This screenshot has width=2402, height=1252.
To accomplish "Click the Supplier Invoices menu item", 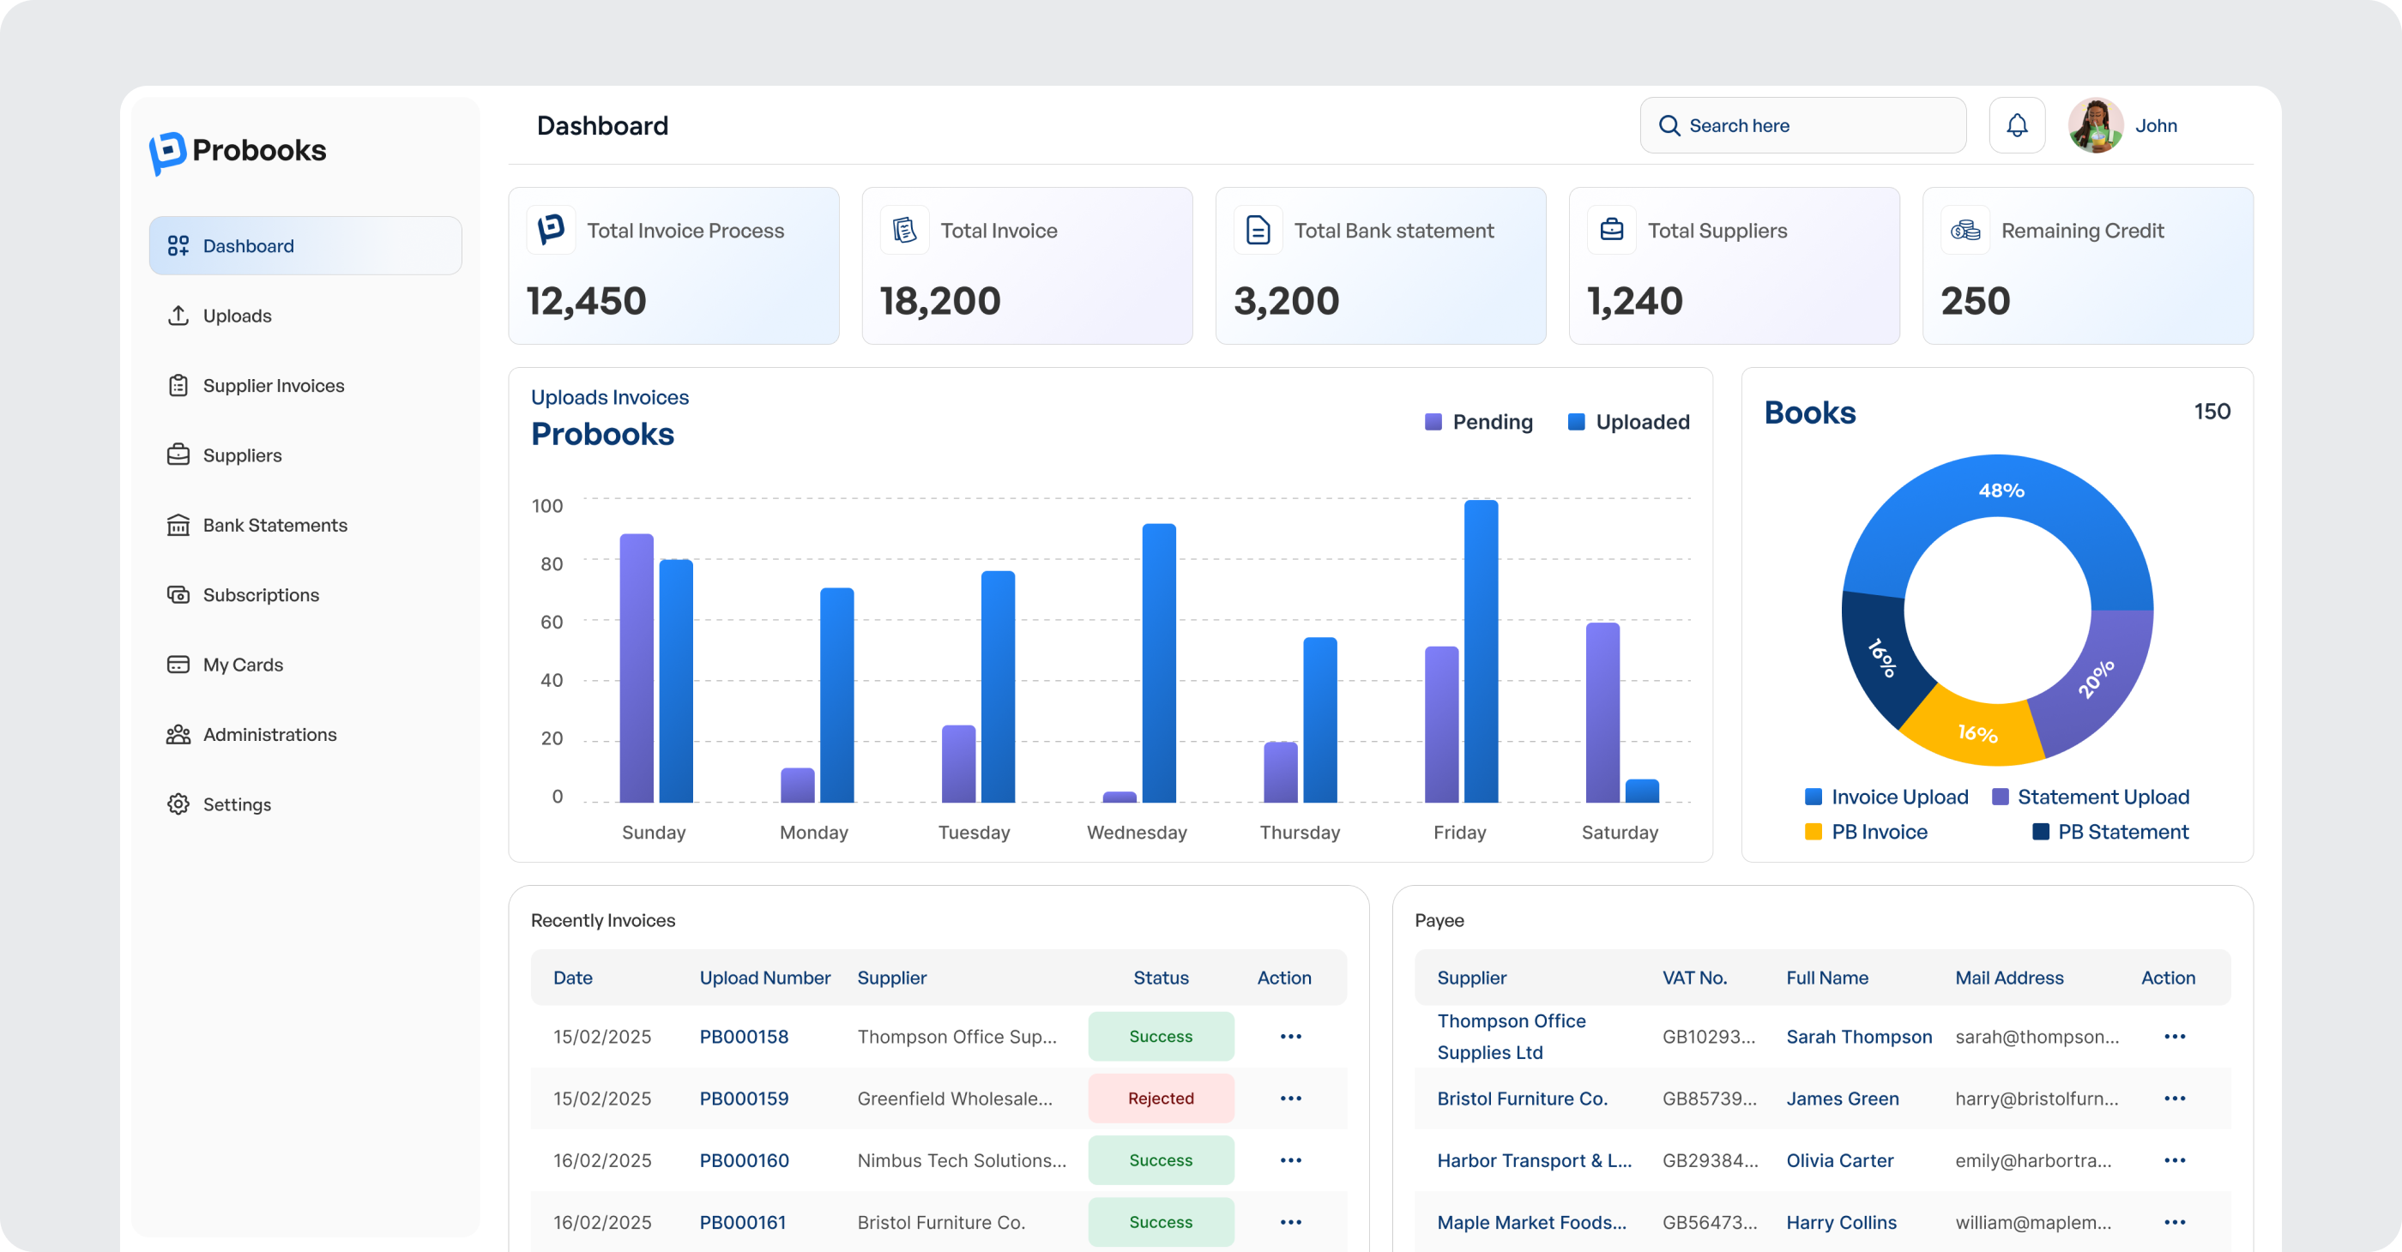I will click(272, 386).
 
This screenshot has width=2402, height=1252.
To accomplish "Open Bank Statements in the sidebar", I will click(275, 526).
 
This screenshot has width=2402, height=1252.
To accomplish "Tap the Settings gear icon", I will click(178, 804).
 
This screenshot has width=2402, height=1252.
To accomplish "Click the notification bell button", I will click(2016, 126).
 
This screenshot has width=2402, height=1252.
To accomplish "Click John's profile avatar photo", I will click(2095, 126).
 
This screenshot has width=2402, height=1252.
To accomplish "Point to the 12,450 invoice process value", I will click(587, 301).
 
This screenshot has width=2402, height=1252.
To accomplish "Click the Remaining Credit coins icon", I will click(1964, 231).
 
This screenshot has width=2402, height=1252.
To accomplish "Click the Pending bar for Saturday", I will click(1602, 713).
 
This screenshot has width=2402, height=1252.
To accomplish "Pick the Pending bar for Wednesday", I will click(1119, 797).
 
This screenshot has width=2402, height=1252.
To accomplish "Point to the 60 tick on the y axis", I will click(551, 622).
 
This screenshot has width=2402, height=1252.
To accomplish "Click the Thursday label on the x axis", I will click(1299, 833).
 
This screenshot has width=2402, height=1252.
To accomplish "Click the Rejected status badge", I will click(1160, 1099).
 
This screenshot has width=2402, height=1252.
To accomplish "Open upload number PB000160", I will click(743, 1160).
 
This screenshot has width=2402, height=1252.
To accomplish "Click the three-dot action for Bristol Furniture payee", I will click(2174, 1099).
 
